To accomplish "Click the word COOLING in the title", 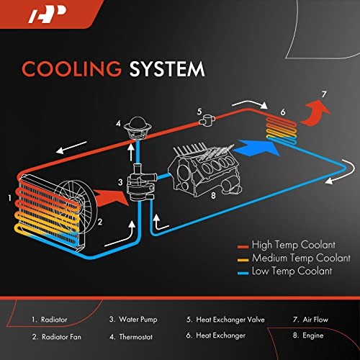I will coord(64,69).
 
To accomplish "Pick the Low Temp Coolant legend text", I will coord(291,271).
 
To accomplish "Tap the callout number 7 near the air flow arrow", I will coord(324,94).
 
